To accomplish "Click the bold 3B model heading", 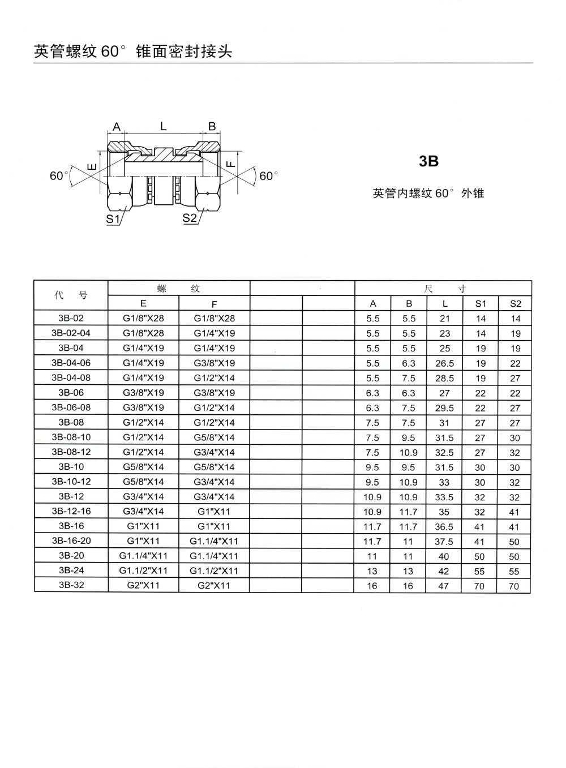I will click(x=428, y=161).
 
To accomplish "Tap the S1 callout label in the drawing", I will click(x=113, y=218).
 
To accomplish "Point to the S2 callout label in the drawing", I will click(x=190, y=218).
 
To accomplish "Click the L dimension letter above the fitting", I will click(x=163, y=126).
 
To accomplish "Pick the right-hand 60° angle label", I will click(x=269, y=176).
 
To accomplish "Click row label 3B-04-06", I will click(x=71, y=363).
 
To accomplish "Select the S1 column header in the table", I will click(x=481, y=304).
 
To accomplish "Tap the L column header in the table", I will click(x=445, y=304).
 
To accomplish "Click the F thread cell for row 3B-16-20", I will click(x=214, y=541).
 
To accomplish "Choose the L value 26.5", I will click(x=444, y=363).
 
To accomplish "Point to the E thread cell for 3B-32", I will click(x=143, y=586).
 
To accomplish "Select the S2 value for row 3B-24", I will click(x=514, y=572).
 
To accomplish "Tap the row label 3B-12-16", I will click(x=71, y=511).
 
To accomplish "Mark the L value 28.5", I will click(x=444, y=378).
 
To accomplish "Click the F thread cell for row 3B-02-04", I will click(x=214, y=333).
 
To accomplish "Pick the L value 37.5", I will click(x=444, y=542).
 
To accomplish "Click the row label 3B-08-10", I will click(x=71, y=437).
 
